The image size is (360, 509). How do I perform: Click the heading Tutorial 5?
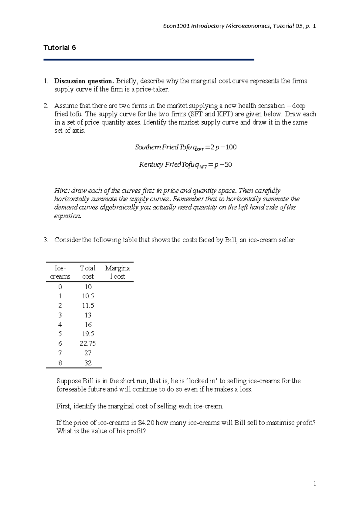click(x=60, y=48)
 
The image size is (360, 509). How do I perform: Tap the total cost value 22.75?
click(x=88, y=343)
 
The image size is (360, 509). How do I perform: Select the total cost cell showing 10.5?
click(x=88, y=296)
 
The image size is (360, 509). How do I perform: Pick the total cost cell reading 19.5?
click(x=88, y=334)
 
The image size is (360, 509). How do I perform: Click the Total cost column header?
click(x=88, y=272)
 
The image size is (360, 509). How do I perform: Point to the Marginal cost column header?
click(x=117, y=272)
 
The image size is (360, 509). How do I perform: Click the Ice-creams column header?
click(x=60, y=272)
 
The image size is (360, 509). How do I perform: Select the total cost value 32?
click(x=88, y=363)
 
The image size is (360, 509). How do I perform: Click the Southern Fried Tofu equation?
click(x=186, y=147)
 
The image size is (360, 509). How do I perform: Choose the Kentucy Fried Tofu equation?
click(x=185, y=165)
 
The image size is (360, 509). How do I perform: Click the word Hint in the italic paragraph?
click(x=61, y=191)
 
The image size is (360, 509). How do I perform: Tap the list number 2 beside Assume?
click(x=46, y=106)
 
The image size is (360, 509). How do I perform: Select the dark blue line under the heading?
click(x=149, y=60)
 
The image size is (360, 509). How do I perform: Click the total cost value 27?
click(x=88, y=353)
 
